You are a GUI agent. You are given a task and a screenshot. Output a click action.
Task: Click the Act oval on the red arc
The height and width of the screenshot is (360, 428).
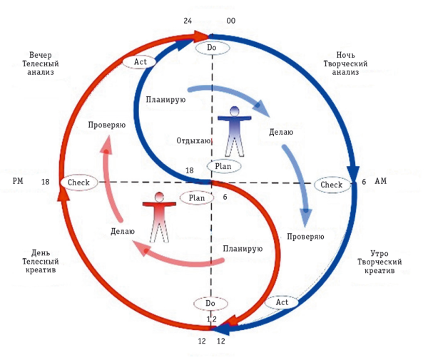coord(141,62)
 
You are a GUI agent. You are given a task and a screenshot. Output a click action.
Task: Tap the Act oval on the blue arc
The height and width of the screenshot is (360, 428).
coord(282,302)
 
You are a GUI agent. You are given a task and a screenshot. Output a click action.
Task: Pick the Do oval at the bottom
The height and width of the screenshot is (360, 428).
coord(210,303)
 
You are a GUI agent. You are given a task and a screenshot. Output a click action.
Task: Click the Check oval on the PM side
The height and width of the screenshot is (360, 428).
coord(78,182)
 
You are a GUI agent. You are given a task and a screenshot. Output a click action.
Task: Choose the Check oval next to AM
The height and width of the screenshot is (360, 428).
coord(332,185)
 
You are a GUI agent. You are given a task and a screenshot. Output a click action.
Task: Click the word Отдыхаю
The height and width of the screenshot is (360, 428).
coord(193,141)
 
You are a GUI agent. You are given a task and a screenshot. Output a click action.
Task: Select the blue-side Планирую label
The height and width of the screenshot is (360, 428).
coord(165,99)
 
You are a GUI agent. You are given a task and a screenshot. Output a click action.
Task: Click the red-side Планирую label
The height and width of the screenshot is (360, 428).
coord(243,249)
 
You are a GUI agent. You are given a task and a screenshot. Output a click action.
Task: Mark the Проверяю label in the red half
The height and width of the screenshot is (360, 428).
coord(107,125)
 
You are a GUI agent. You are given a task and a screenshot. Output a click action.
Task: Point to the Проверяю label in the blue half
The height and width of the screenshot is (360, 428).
coord(306,236)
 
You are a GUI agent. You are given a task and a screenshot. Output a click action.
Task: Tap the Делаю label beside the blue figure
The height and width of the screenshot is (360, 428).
coord(280,133)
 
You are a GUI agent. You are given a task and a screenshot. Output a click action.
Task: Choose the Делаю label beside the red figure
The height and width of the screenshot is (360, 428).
coord(123,231)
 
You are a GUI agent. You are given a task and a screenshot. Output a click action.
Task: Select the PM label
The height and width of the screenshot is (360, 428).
coord(19,182)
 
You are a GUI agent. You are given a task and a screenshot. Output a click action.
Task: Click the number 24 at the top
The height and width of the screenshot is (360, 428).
coord(188,21)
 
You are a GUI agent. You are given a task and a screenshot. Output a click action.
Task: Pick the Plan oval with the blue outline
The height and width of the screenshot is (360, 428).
coord(224,165)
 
